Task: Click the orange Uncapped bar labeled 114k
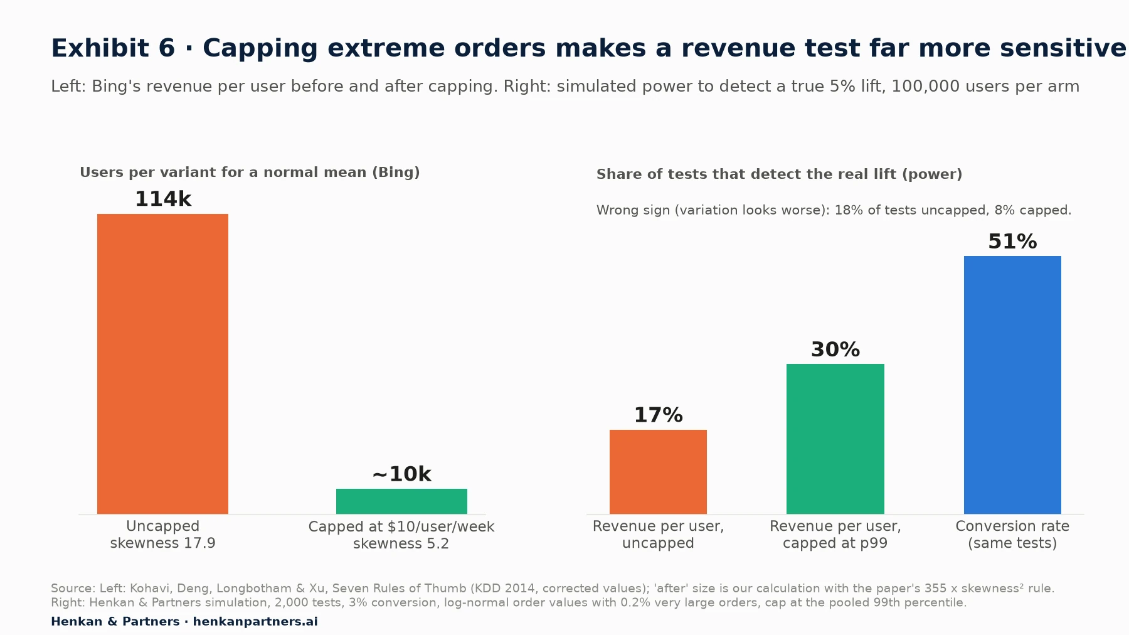(x=162, y=364)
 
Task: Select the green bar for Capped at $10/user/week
(x=401, y=501)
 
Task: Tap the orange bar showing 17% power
(x=658, y=472)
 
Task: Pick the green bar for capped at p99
(x=835, y=439)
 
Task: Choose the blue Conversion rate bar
(x=1012, y=385)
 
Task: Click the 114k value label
(x=163, y=199)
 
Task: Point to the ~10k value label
(x=401, y=474)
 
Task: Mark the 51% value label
(x=1012, y=242)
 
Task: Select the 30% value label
(x=835, y=350)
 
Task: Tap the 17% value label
(x=658, y=415)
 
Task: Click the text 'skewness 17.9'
(x=162, y=543)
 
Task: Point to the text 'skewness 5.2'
(x=401, y=543)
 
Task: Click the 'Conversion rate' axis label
(x=1012, y=526)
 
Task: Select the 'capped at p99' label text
(x=835, y=543)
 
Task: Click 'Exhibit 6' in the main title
(x=113, y=48)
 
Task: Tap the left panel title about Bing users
(x=250, y=173)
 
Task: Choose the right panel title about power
(x=779, y=174)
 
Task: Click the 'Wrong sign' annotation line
(x=834, y=210)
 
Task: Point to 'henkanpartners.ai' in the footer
(x=255, y=622)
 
